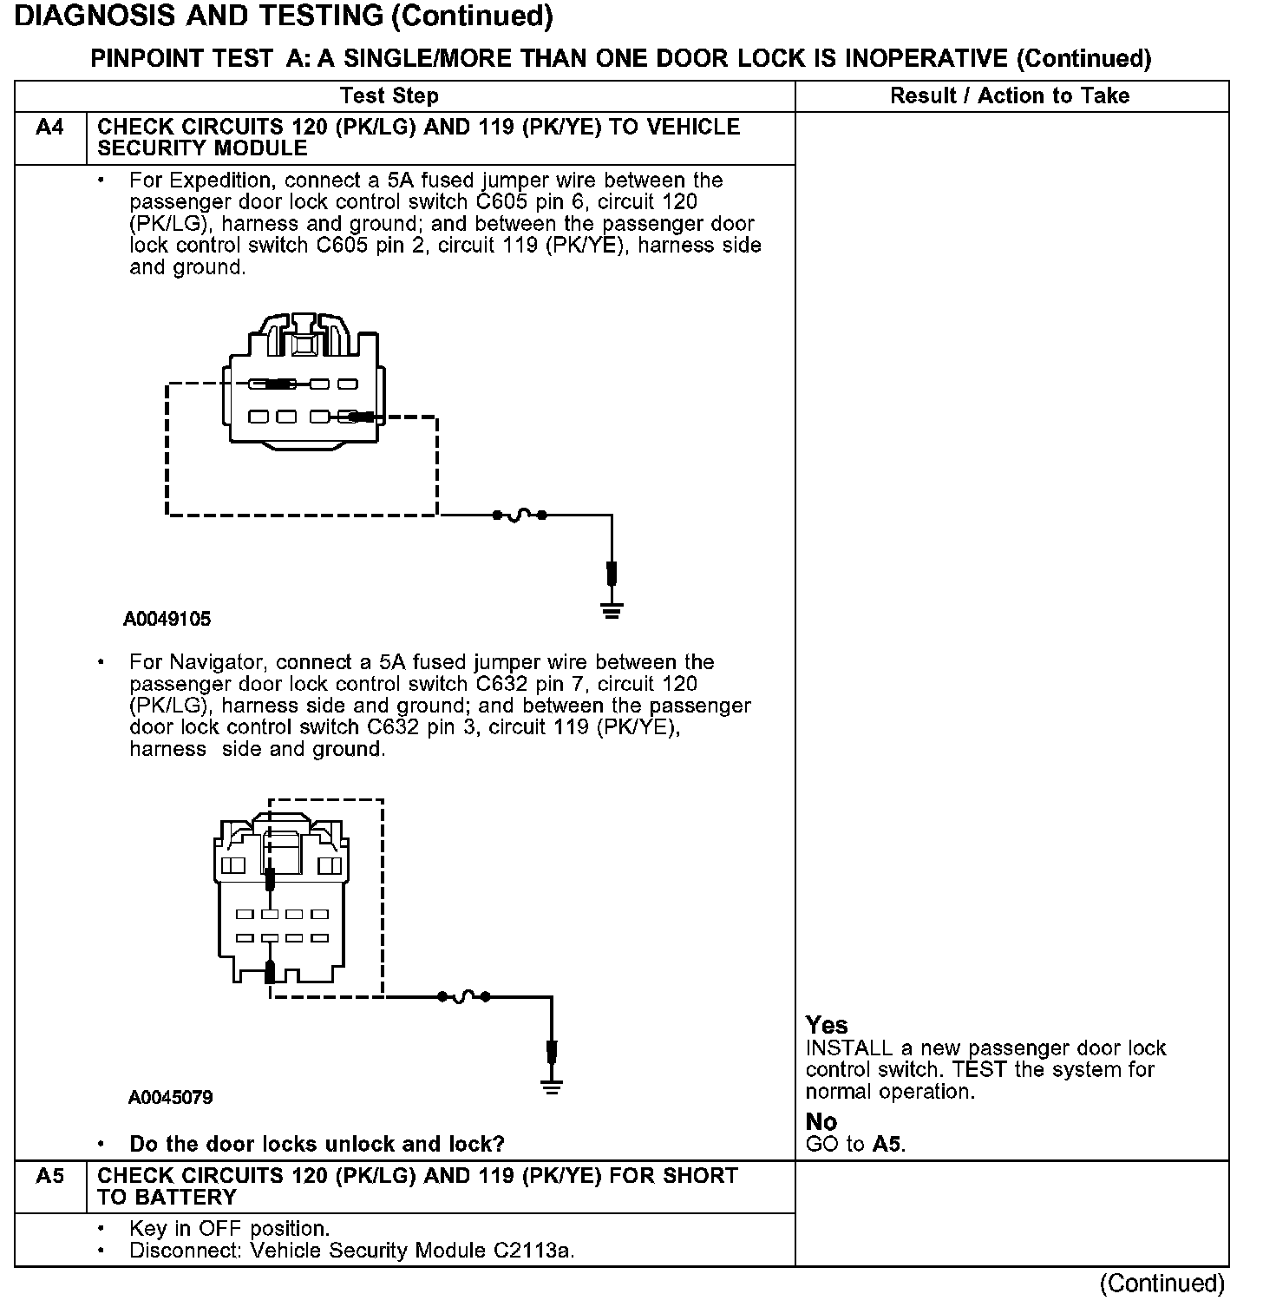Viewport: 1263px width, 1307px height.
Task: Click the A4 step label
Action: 50,128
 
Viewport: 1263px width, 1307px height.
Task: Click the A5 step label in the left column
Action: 50,1176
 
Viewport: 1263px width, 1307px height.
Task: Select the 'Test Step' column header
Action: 389,96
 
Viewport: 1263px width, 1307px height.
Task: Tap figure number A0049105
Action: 167,620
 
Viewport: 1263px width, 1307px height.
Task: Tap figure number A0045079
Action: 170,1098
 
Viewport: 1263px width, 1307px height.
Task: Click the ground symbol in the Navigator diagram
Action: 552,1087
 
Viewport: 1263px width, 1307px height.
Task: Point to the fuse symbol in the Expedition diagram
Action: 519,516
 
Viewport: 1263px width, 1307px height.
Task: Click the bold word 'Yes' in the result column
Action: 827,1025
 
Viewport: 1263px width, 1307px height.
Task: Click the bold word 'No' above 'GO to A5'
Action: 821,1122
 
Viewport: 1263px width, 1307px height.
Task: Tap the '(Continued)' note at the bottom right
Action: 1162,1284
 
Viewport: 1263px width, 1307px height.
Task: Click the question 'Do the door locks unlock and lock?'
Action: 317,1145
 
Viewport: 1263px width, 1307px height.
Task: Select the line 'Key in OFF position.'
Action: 229,1230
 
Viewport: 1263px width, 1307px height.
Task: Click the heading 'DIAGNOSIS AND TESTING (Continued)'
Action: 284,16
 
